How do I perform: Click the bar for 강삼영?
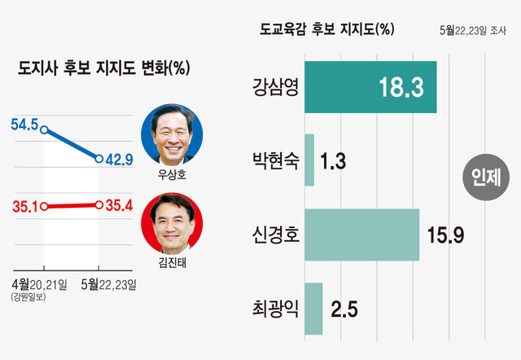[370, 87]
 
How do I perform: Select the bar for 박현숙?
[309, 160]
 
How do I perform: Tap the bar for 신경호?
[361, 235]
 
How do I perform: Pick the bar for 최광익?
[313, 309]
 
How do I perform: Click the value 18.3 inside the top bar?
[401, 87]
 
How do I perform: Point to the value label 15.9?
[445, 235]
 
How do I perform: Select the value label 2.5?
[344, 310]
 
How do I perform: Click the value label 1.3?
[333, 161]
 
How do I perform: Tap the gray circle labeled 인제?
[486, 178]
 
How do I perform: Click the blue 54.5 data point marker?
[44, 130]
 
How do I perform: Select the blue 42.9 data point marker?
[99, 159]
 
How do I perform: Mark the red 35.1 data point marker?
[44, 207]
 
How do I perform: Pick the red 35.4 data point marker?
[99, 205]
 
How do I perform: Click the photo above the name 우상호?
[172, 134]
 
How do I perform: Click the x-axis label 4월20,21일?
[39, 284]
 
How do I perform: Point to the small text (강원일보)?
[28, 296]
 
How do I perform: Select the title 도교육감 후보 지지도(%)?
[327, 29]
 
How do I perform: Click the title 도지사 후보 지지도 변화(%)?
[103, 68]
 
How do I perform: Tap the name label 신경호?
[276, 235]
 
